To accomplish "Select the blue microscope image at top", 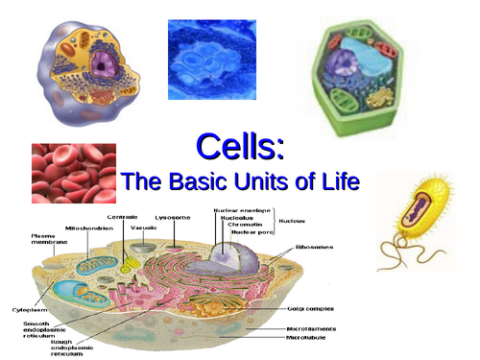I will point(211,59).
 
